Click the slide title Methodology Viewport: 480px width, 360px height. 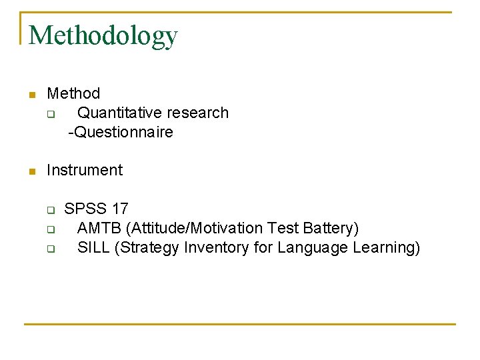103,35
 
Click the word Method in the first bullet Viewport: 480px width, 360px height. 73,93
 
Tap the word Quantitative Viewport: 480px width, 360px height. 120,113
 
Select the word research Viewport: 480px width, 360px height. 198,113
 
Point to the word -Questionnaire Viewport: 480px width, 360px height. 121,132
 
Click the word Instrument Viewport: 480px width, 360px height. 85,170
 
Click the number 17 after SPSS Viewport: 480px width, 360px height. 120,209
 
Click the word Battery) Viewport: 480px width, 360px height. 331,228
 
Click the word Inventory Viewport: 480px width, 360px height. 217,247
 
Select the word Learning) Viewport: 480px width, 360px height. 385,247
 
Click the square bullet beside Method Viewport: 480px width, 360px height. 31,95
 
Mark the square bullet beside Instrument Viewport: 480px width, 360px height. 31,171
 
